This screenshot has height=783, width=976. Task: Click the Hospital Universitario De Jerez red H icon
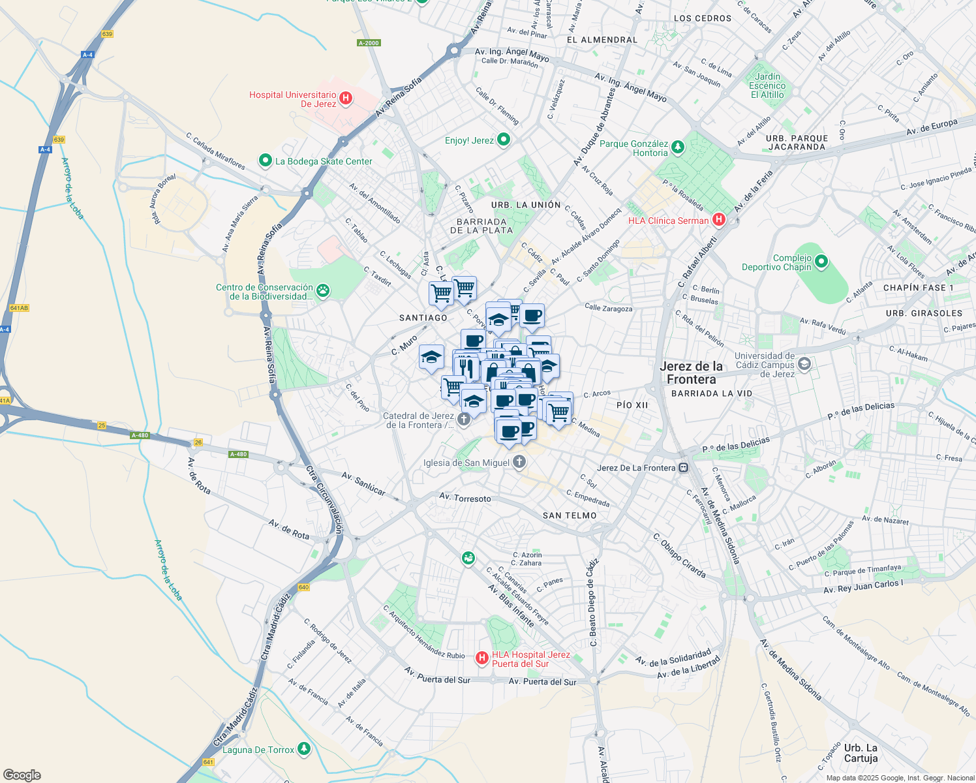[346, 99]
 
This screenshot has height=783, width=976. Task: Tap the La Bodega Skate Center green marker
[265, 161]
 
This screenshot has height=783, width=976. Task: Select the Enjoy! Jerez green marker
[503, 140]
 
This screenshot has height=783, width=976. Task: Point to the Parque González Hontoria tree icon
[678, 147]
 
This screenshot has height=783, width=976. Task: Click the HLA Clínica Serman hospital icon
[718, 220]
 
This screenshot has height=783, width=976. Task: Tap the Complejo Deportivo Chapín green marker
[821, 262]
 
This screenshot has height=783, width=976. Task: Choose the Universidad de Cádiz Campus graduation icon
[804, 364]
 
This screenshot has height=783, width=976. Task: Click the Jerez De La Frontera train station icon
[683, 467]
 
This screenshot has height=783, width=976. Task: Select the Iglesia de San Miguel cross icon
[519, 462]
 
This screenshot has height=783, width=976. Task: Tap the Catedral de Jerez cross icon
[464, 419]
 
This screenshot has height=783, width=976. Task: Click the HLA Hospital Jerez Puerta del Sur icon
[482, 658]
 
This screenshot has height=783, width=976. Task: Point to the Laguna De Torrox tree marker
[303, 748]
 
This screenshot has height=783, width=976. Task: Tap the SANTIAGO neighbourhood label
[423, 318]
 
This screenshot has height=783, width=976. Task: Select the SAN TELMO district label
[570, 515]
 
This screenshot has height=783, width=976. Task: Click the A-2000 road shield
[369, 43]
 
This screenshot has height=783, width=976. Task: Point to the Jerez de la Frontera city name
[692, 373]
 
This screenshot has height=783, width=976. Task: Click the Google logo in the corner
[22, 775]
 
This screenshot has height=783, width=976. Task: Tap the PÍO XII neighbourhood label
[632, 405]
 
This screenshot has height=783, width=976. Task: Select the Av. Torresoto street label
[465, 498]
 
